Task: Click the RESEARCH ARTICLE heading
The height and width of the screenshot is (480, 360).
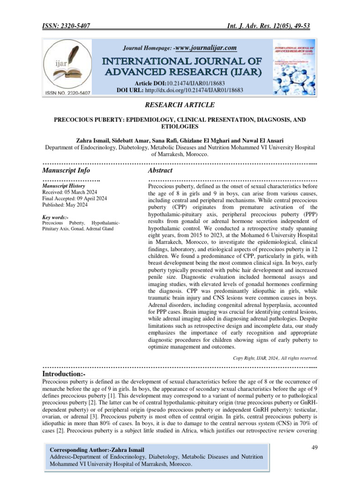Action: pyautogui.click(x=180, y=105)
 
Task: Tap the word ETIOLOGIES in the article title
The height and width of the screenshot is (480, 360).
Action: pyautogui.click(x=180, y=127)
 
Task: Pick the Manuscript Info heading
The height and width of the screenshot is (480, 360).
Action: pyautogui.click(x=66, y=170)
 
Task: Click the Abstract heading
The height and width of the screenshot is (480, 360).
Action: pyautogui.click(x=160, y=170)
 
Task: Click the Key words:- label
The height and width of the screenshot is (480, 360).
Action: pyautogui.click(x=55, y=217)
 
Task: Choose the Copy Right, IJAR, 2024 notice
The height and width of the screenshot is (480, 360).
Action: pyautogui.click(x=275, y=358)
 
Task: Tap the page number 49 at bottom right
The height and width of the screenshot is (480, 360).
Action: pyautogui.click(x=315, y=449)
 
